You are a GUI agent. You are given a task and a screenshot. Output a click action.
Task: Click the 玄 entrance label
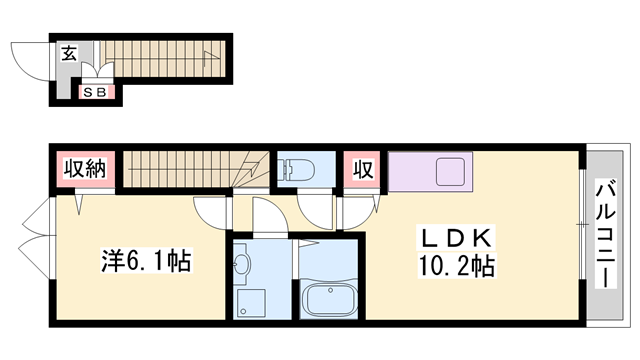coord(68,55)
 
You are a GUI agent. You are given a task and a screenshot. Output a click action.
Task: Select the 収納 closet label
coord(87,171)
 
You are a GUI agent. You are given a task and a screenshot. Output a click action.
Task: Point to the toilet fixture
coord(298,168)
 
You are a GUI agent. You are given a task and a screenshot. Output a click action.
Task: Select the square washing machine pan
coord(249,302)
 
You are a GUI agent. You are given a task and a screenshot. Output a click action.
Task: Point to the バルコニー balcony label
coord(605,233)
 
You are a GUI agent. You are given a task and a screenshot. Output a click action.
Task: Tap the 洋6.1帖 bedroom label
coord(146,262)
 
